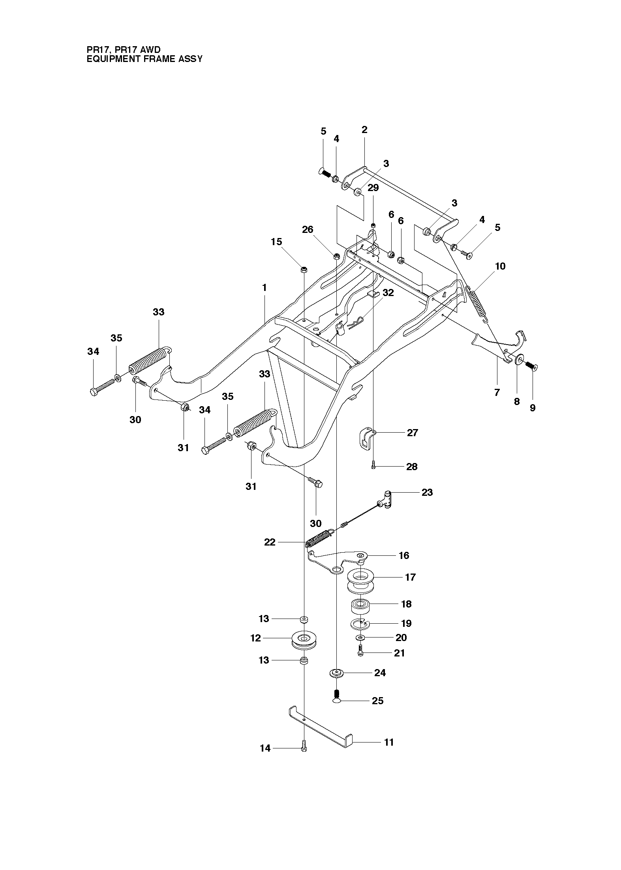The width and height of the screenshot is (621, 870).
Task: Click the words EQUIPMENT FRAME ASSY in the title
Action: [144, 59]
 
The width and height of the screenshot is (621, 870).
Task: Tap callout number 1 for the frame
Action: [264, 287]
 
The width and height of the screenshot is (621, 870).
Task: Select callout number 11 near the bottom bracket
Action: [389, 742]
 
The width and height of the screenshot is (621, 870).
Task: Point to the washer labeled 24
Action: [336, 673]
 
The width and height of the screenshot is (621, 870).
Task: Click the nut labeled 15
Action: [304, 270]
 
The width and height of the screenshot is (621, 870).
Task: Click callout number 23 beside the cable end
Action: [427, 492]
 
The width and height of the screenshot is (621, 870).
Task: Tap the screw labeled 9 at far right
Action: [531, 366]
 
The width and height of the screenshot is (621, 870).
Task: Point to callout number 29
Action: [373, 188]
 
